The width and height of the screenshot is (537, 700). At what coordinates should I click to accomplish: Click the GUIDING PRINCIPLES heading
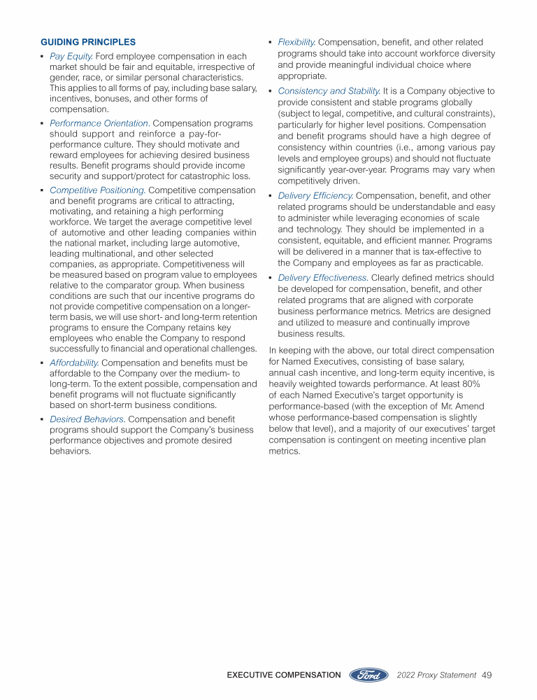click(x=88, y=43)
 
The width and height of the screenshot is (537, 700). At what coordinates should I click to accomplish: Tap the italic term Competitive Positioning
click(x=97, y=190)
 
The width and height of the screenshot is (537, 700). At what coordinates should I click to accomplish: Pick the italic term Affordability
click(x=74, y=363)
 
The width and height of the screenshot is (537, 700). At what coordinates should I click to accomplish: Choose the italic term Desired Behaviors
click(x=87, y=419)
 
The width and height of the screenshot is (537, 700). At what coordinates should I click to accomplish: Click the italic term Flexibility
click(x=296, y=43)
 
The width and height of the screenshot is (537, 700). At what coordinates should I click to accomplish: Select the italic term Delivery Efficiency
click(x=315, y=196)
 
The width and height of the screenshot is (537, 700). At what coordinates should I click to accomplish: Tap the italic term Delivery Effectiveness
click(x=322, y=278)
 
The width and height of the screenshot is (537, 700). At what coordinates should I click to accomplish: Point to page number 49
click(x=487, y=675)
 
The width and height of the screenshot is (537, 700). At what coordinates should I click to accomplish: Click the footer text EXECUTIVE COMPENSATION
click(x=284, y=675)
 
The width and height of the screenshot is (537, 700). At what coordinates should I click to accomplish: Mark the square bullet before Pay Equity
click(x=43, y=56)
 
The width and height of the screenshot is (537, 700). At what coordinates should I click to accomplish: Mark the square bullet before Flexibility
click(x=271, y=43)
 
